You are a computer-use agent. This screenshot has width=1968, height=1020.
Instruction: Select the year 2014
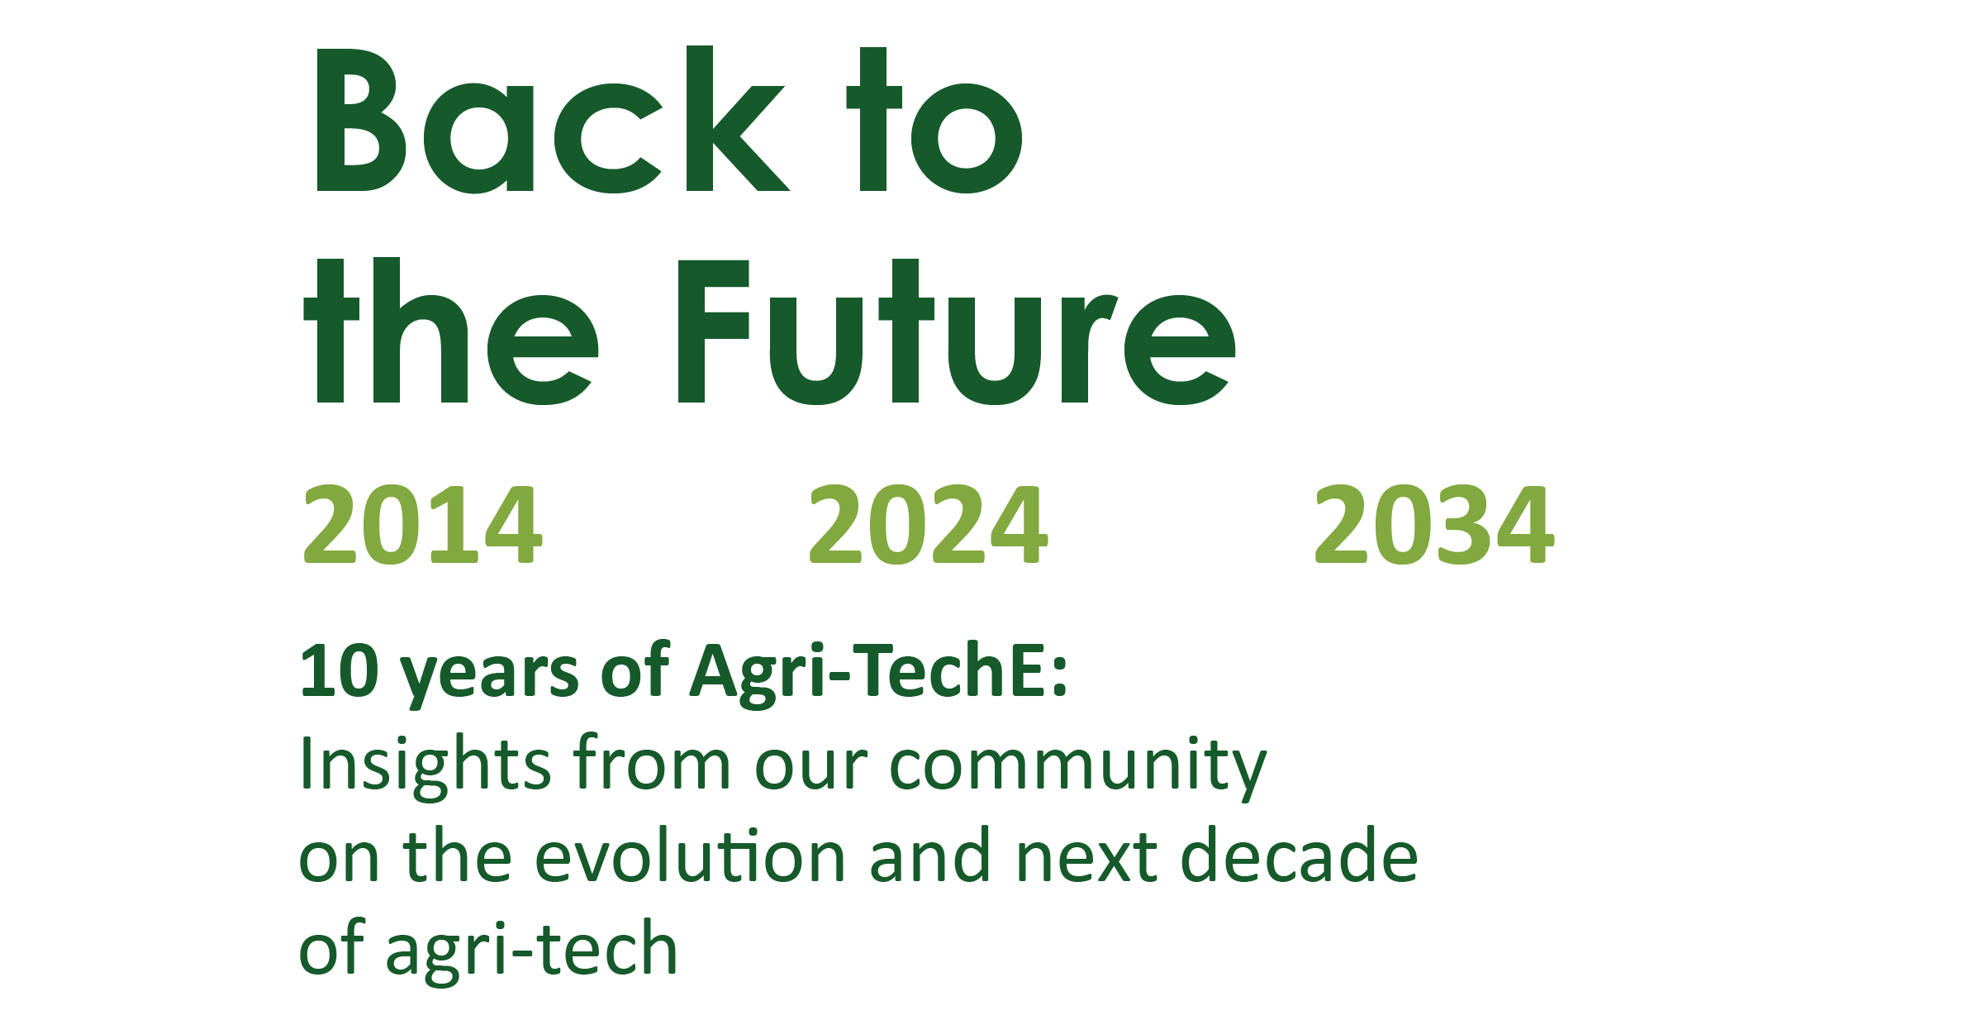[x=422, y=525]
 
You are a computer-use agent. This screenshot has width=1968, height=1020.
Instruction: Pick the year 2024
[x=928, y=525]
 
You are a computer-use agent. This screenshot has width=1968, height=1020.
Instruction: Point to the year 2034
[x=1433, y=525]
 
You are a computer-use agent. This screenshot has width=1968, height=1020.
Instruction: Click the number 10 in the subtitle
[x=339, y=671]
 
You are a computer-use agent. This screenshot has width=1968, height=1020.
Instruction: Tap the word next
[x=1086, y=859]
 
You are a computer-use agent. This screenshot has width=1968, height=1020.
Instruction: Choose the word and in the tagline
[x=929, y=857]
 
